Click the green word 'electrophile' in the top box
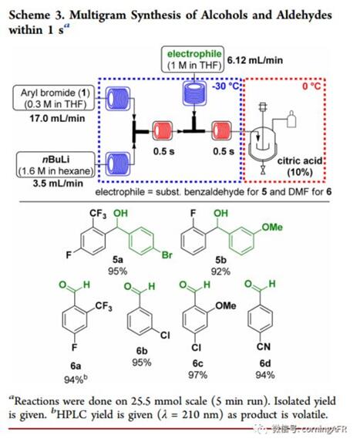(x=194, y=53)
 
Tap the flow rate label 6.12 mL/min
(x=254, y=60)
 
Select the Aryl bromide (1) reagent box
(x=54, y=99)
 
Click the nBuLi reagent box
(x=56, y=165)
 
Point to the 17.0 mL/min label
(x=57, y=118)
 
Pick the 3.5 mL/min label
(x=58, y=184)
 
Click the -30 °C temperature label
(x=225, y=86)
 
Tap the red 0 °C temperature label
(x=311, y=86)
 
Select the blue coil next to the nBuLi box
(x=118, y=164)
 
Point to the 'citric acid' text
(x=300, y=161)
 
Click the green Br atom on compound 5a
(x=167, y=255)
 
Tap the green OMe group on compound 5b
(x=272, y=228)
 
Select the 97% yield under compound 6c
(x=198, y=375)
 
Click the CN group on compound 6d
(x=264, y=346)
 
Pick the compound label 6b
(x=142, y=351)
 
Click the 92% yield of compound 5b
(x=220, y=272)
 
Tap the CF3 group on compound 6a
(x=103, y=306)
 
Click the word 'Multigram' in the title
(x=98, y=15)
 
